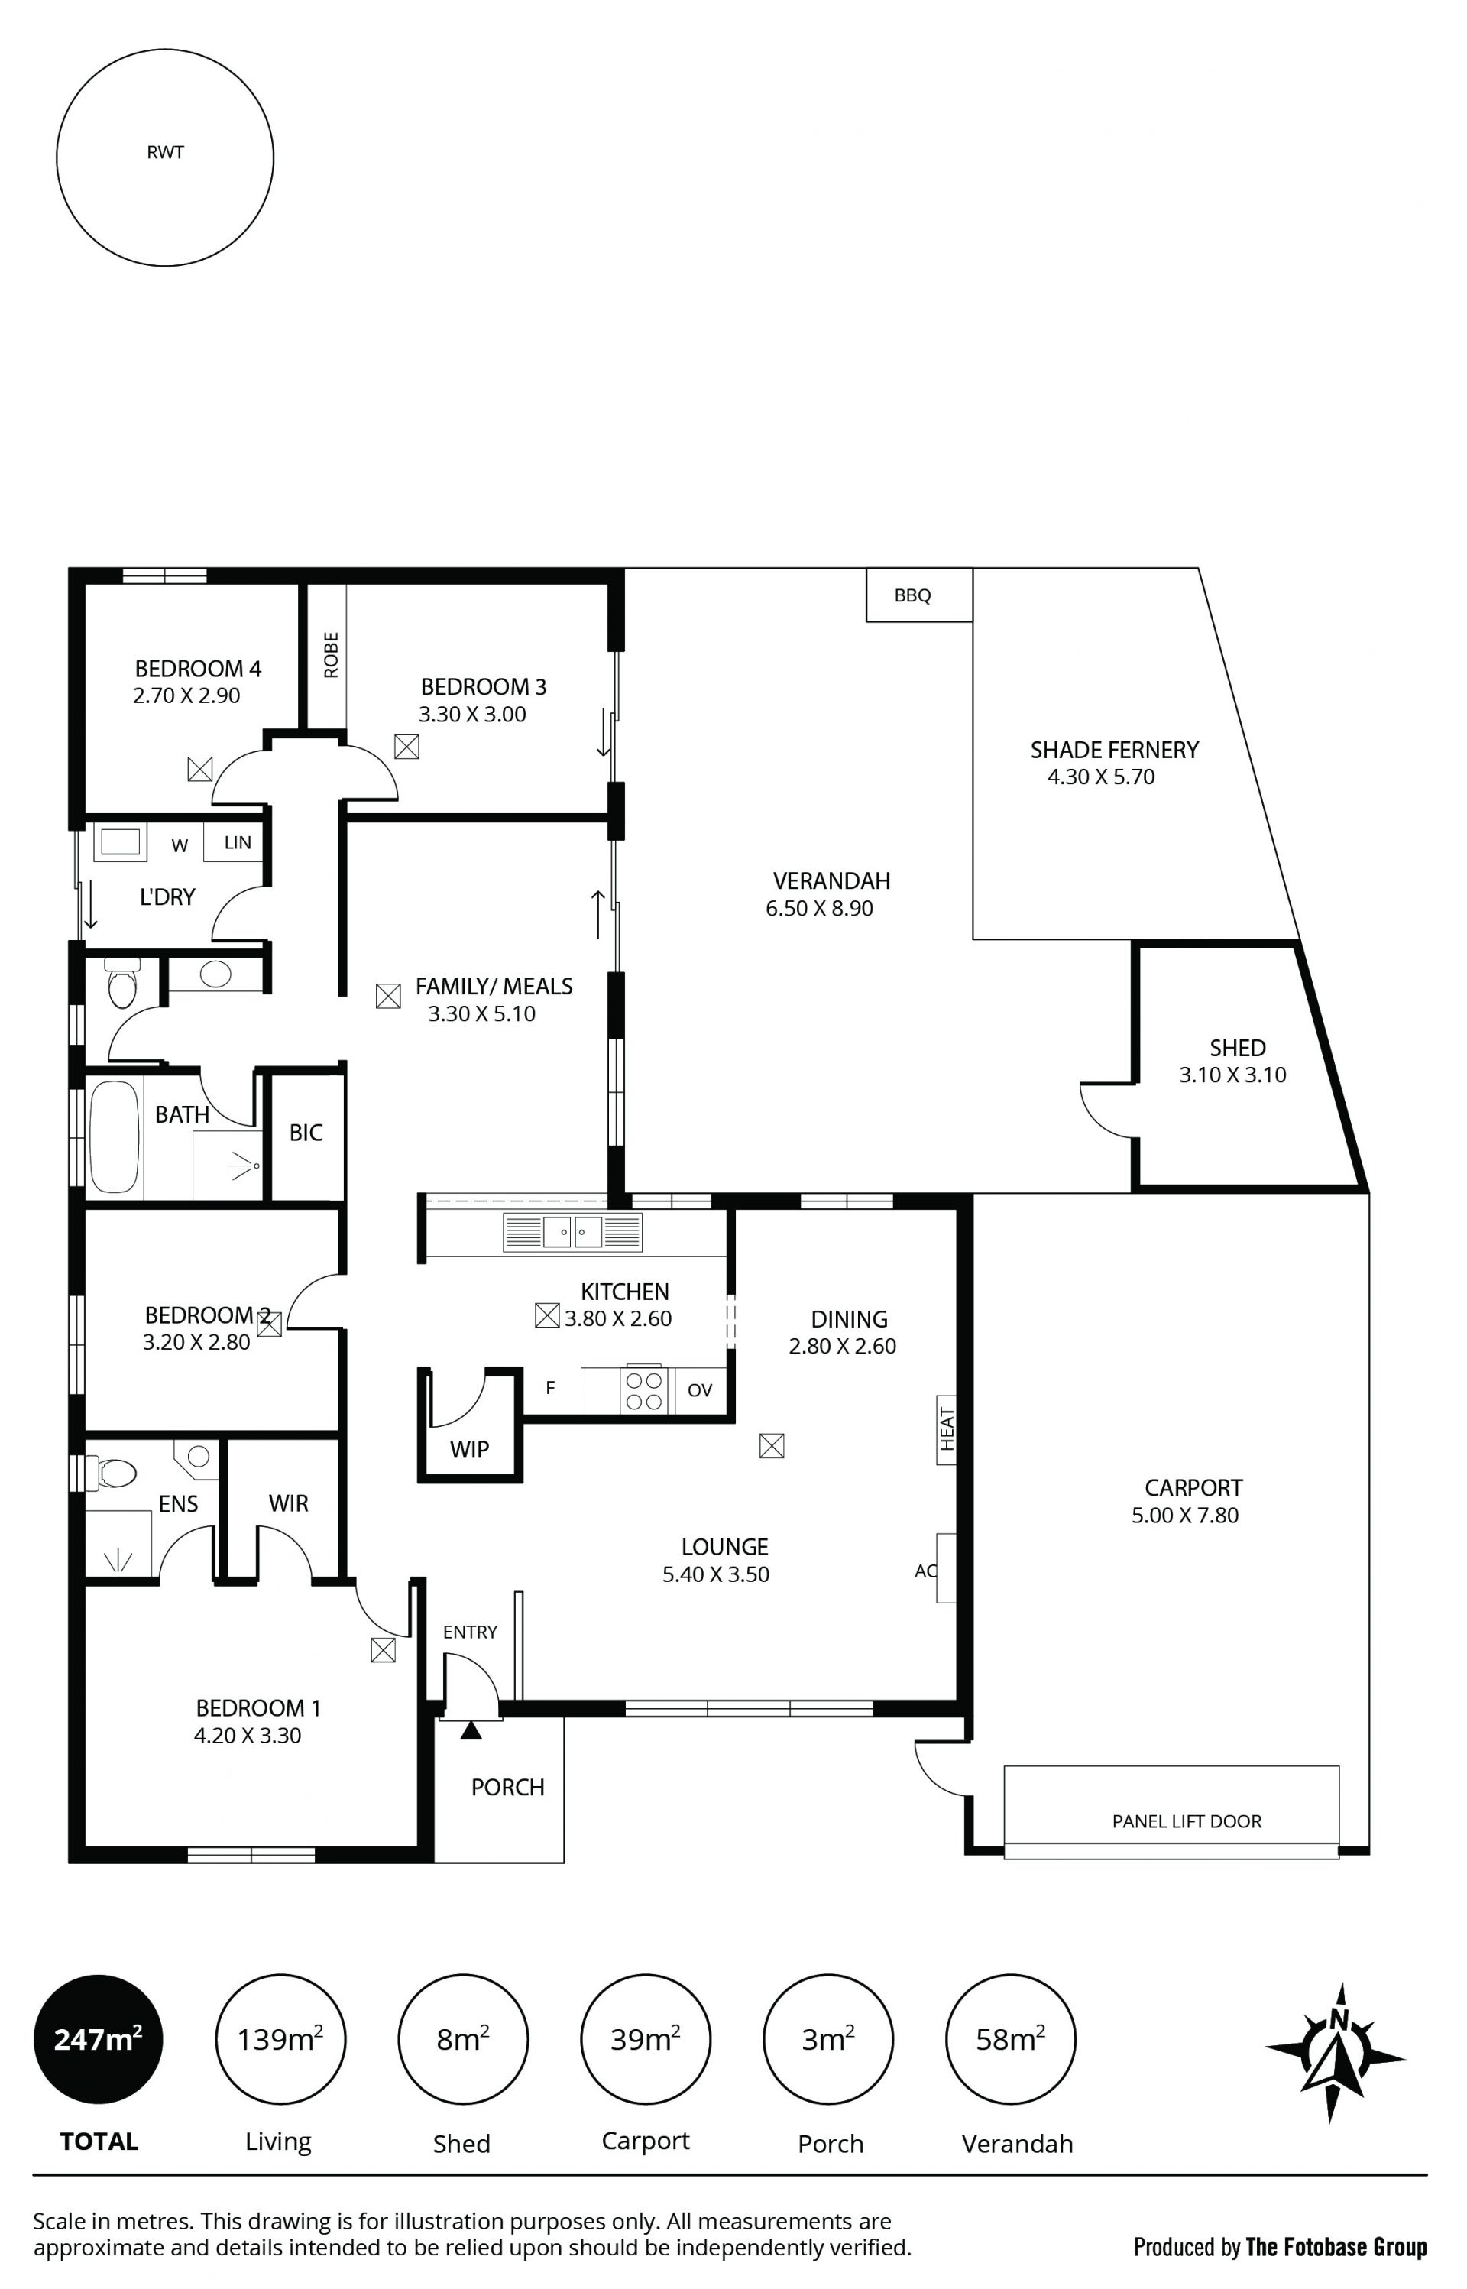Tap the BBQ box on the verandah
coord(919,595)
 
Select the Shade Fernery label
coord(1115,751)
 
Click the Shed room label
coord(1238,1048)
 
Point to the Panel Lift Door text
coord(1187,1821)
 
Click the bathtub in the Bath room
coord(115,1136)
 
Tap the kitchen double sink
coord(572,1232)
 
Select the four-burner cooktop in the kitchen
coord(644,1392)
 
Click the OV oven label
coord(700,1391)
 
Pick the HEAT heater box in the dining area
coord(946,1430)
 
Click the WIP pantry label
coord(470,1450)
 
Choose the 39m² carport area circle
coord(645,2039)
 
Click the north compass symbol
coord(1336,2052)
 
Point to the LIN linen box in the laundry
coord(237,842)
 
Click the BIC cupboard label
coord(306,1133)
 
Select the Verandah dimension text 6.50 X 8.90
coord(819,909)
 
